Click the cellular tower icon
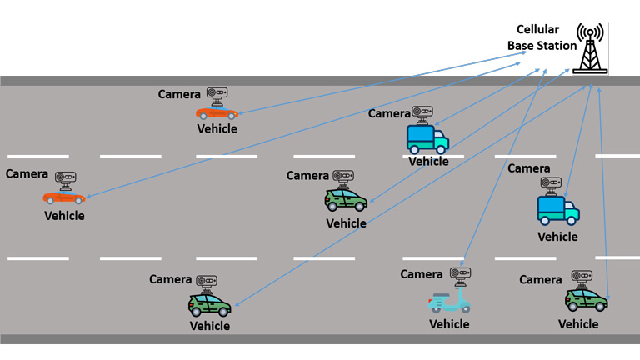click(x=591, y=50)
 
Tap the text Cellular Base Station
click(x=542, y=37)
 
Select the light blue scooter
click(x=449, y=302)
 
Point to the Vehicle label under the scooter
click(x=449, y=323)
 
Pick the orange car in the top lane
click(x=217, y=112)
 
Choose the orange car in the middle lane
click(x=64, y=197)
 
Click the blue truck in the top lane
click(x=427, y=139)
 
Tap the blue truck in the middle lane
click(x=557, y=209)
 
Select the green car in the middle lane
click(x=346, y=201)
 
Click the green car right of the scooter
click(x=586, y=299)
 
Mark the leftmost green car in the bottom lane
click(x=209, y=304)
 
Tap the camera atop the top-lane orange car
click(x=217, y=96)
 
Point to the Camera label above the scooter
click(x=422, y=274)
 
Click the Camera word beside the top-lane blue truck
click(x=389, y=113)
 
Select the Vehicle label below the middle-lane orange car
click(x=64, y=216)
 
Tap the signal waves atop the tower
click(x=591, y=33)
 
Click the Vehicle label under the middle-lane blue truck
click(x=557, y=237)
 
